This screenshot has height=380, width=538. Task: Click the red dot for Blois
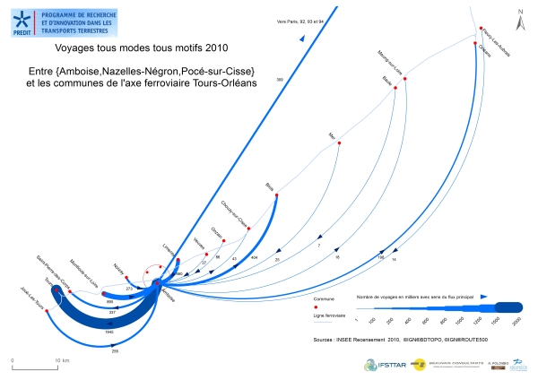277,195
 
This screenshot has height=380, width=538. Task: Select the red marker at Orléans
476,38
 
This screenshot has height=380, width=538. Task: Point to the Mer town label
332,136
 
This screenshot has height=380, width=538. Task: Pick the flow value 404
255,257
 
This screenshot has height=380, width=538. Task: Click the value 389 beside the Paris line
280,80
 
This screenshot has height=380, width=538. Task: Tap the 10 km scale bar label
61,360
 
